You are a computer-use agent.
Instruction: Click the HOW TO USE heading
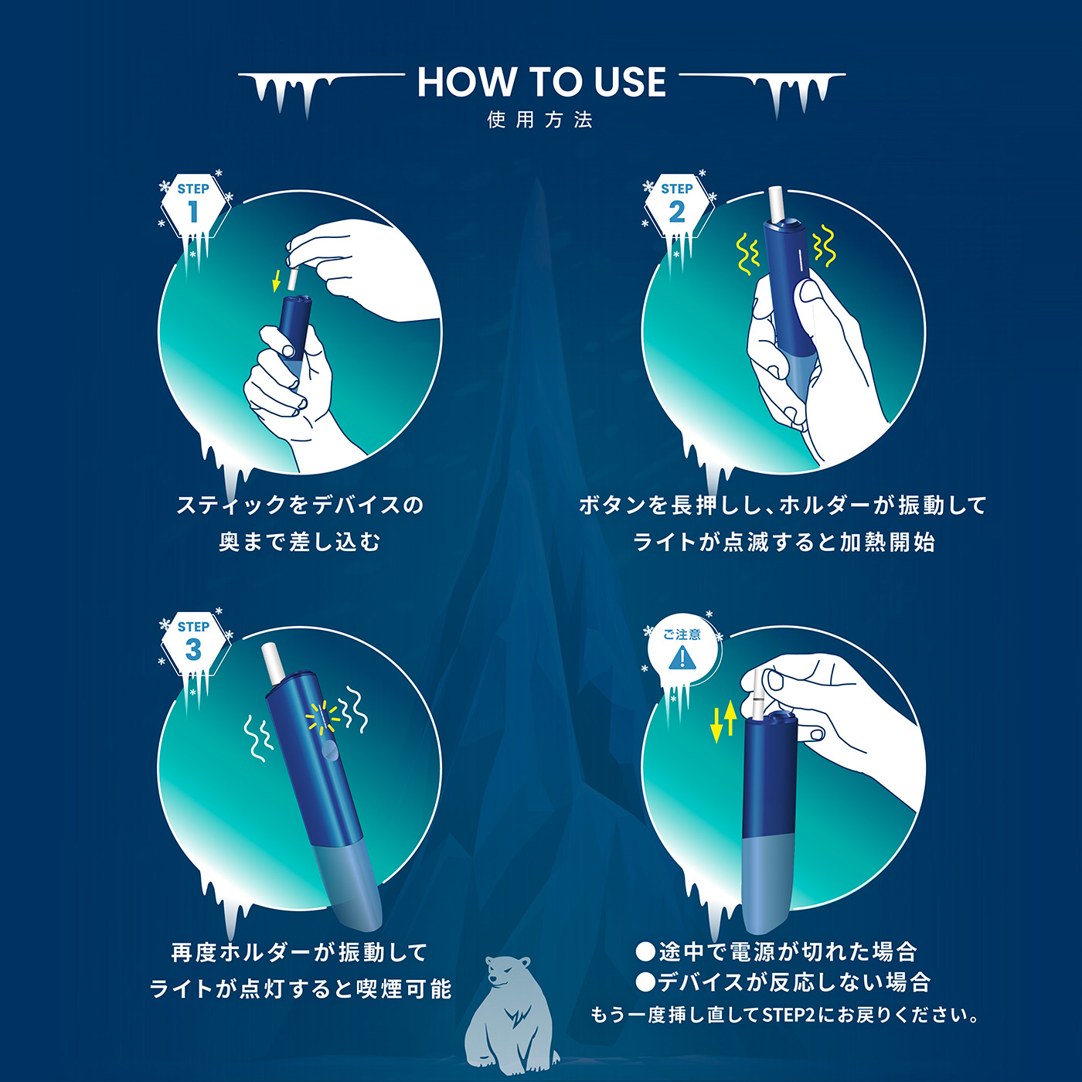[x=541, y=82]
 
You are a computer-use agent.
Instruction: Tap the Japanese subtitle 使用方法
[x=539, y=120]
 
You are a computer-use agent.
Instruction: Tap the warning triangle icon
[x=682, y=658]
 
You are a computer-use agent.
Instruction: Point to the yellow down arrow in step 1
[x=276, y=281]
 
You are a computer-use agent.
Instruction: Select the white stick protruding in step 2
[x=778, y=204]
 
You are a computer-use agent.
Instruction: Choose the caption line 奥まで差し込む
[x=299, y=542]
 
